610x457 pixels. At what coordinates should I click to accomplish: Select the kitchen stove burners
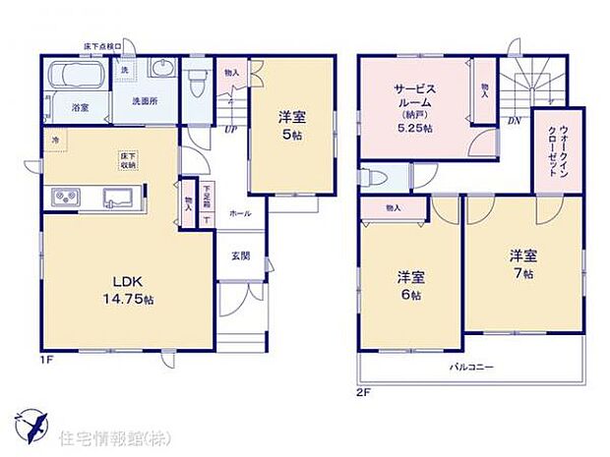(64, 200)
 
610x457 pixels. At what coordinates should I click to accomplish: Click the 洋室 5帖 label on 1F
(291, 126)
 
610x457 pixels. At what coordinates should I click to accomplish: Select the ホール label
(239, 212)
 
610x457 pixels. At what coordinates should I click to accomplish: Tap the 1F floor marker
(46, 361)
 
